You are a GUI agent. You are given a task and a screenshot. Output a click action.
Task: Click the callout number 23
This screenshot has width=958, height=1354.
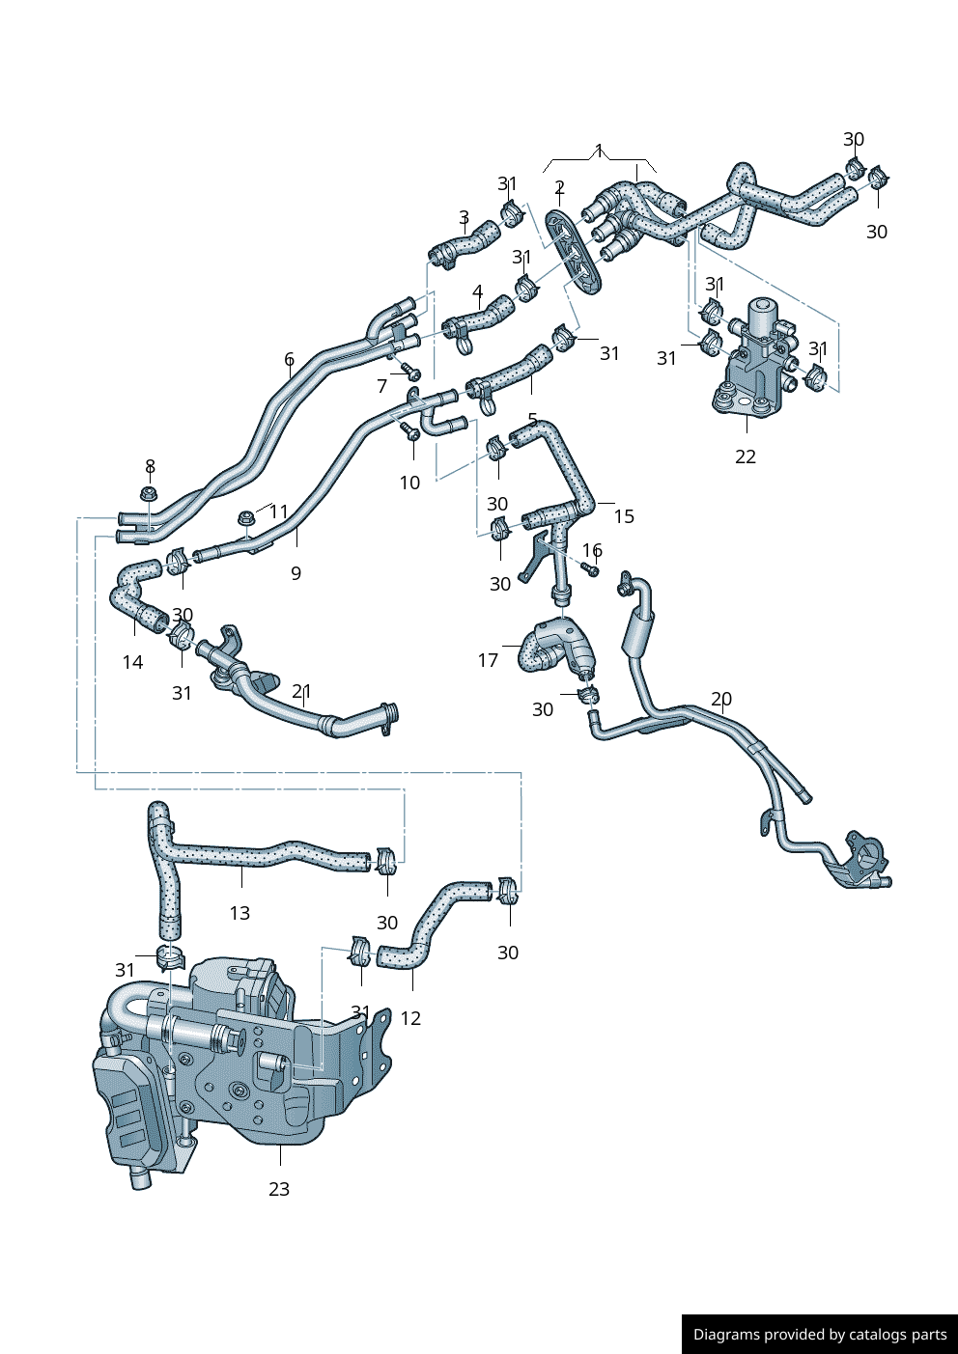pyautogui.click(x=279, y=1189)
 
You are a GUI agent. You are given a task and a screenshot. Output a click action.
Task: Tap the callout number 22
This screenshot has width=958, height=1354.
pyautogui.click(x=746, y=456)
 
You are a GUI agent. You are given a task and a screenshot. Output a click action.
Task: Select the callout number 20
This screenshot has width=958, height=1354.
pyautogui.click(x=721, y=699)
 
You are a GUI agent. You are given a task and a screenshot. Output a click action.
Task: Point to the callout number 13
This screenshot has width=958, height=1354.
pyautogui.click(x=239, y=913)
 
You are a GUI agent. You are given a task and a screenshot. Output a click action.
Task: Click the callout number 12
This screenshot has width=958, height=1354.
pyautogui.click(x=410, y=1018)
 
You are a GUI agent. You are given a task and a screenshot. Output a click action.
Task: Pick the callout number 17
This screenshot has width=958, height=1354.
pyautogui.click(x=488, y=660)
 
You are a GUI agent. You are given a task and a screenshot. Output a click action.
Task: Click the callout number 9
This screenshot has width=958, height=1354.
pyautogui.click(x=296, y=573)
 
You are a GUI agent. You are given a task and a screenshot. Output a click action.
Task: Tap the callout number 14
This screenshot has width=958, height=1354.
pyautogui.click(x=132, y=662)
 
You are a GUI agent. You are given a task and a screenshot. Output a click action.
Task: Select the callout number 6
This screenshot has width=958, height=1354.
pyautogui.click(x=289, y=360)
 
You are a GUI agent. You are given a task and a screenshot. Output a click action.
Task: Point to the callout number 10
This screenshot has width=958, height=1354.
pyautogui.click(x=409, y=483)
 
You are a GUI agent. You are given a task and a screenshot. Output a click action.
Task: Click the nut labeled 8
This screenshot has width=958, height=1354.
pyautogui.click(x=148, y=495)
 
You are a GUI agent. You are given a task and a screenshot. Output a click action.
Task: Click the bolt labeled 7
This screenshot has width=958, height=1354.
pyautogui.click(x=410, y=371)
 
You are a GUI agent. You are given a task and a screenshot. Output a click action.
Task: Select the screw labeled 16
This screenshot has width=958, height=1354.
pyautogui.click(x=592, y=569)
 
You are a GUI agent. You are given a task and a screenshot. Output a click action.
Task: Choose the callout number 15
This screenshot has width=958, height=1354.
pyautogui.click(x=624, y=516)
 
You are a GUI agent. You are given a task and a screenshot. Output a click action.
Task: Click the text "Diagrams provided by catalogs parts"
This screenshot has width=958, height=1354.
pyautogui.click(x=820, y=1335)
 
